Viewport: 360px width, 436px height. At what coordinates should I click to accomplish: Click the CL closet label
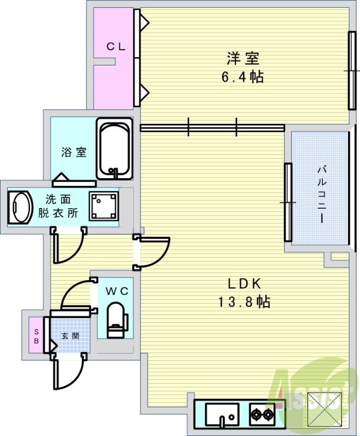click(x=115, y=47)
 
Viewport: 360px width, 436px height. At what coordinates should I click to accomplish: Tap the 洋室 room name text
click(x=242, y=58)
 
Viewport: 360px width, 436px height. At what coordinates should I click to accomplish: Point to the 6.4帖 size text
click(x=242, y=77)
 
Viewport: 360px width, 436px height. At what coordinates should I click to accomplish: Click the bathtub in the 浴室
click(x=115, y=149)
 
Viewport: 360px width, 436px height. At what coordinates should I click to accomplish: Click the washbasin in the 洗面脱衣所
click(x=20, y=207)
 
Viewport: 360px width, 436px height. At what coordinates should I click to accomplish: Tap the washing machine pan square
click(x=103, y=206)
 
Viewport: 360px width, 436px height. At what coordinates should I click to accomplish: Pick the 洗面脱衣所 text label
click(x=57, y=207)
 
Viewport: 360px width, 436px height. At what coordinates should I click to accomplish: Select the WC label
click(x=117, y=292)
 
